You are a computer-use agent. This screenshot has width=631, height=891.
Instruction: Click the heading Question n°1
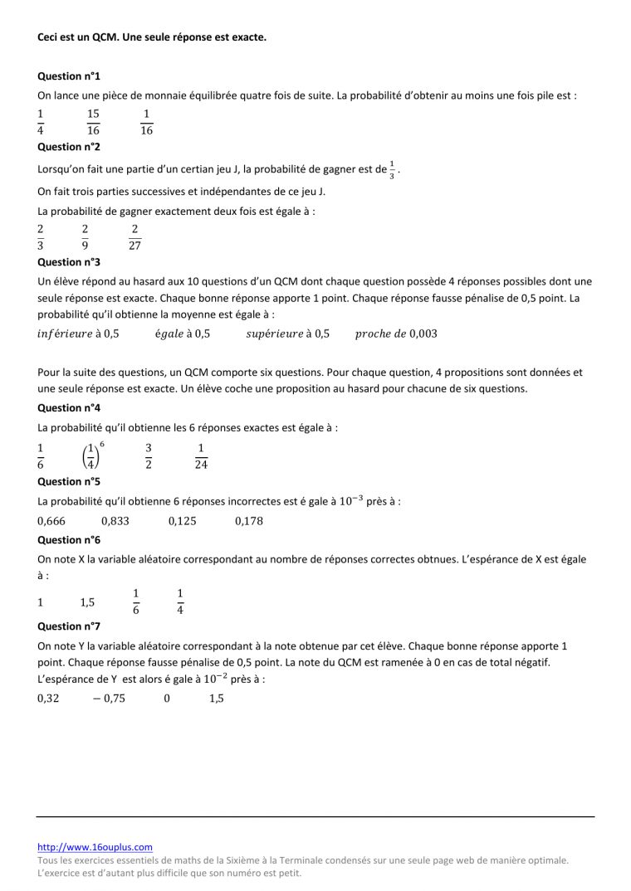tap(69, 75)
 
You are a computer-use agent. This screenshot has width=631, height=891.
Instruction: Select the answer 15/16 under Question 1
tap(93, 121)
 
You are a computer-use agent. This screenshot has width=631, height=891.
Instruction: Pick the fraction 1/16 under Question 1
tap(146, 121)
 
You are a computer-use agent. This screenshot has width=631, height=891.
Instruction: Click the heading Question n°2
tap(69, 147)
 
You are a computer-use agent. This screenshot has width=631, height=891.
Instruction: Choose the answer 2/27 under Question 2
tap(135, 236)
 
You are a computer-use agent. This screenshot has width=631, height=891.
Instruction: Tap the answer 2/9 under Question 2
tap(85, 236)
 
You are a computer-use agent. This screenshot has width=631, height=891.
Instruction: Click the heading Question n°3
tap(69, 262)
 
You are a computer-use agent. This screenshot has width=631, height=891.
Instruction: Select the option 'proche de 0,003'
tap(396, 334)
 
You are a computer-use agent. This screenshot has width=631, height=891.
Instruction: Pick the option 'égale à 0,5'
tap(182, 334)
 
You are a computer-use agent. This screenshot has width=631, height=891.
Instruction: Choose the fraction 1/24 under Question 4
tap(201, 455)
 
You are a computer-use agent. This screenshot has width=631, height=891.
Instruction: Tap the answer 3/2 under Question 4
tap(149, 455)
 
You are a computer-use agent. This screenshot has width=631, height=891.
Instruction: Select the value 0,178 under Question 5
tap(249, 521)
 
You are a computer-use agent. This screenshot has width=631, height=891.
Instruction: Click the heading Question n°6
tap(69, 539)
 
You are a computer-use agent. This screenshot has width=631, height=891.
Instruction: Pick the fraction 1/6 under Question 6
tap(136, 602)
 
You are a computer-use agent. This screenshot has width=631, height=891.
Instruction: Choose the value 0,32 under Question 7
tap(49, 699)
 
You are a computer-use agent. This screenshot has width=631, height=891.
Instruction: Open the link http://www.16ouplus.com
tap(95, 847)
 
